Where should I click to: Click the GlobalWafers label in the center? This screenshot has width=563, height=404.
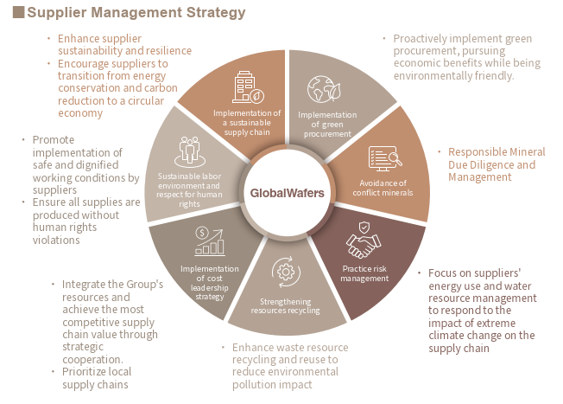[x=287, y=193]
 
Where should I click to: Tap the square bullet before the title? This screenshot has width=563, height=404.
[x=18, y=12]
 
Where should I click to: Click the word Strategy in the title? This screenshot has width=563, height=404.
[x=215, y=13]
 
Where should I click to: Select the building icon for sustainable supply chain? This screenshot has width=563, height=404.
[x=248, y=87]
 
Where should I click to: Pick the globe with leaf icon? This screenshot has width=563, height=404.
[x=324, y=89]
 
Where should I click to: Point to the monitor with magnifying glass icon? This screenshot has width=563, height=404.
[x=385, y=158]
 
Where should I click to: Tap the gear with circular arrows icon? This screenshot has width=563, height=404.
[x=286, y=272]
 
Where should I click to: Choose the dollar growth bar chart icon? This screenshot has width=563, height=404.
[x=210, y=241]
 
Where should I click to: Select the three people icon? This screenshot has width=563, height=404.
[x=190, y=151]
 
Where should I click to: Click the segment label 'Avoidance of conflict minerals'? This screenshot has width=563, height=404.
[x=383, y=188]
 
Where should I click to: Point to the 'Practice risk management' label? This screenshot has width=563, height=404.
[x=364, y=273]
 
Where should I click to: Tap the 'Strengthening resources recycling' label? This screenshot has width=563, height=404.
[x=286, y=305]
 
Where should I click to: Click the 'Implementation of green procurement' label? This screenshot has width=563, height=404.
[x=327, y=124]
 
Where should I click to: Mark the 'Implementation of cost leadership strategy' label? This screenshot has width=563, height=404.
[x=210, y=282]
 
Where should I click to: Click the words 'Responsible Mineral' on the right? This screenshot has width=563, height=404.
[x=497, y=151]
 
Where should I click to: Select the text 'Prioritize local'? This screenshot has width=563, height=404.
[x=97, y=372]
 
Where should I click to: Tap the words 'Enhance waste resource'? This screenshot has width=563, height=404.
[x=290, y=347]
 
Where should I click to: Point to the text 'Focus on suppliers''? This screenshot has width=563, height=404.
[x=474, y=273]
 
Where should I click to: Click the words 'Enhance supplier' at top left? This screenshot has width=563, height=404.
[x=99, y=38]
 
